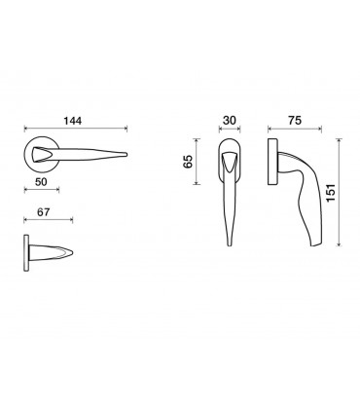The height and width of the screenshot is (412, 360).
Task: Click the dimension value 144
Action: (x=73, y=121)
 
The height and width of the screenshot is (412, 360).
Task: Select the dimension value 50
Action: (x=41, y=182)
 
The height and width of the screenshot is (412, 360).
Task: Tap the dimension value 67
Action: (x=44, y=212)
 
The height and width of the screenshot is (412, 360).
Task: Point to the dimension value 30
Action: (x=230, y=121)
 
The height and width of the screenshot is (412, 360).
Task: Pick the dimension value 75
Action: (x=295, y=121)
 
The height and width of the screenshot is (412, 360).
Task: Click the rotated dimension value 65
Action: (x=188, y=162)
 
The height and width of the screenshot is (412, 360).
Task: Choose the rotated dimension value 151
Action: (x=331, y=193)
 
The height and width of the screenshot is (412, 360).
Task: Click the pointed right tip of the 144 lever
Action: (x=127, y=155)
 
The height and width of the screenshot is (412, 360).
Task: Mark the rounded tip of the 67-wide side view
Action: (x=72, y=253)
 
